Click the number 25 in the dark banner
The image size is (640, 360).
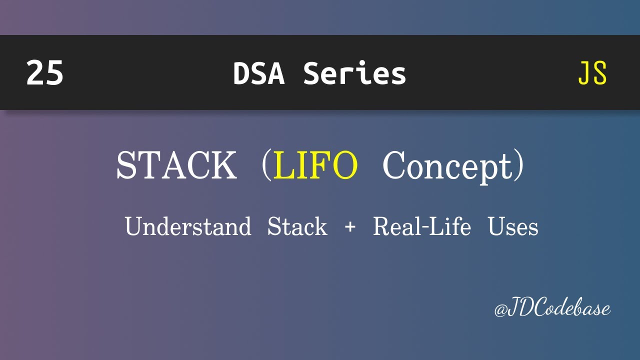(45, 73)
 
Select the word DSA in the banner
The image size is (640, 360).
(258, 73)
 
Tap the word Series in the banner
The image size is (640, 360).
(354, 73)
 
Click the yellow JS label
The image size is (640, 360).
(592, 73)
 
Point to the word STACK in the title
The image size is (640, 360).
(176, 165)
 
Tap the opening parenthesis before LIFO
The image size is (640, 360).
(265, 166)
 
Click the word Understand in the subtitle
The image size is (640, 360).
(188, 226)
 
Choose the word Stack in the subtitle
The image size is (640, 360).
(297, 226)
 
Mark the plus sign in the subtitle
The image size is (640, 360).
(350, 227)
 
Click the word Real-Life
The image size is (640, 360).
(422, 226)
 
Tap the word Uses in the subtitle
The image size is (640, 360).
(513, 226)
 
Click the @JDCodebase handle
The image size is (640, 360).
(552, 308)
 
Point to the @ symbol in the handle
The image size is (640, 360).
(500, 310)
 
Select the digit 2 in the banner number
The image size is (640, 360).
(35, 73)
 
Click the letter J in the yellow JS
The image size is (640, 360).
(584, 73)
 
